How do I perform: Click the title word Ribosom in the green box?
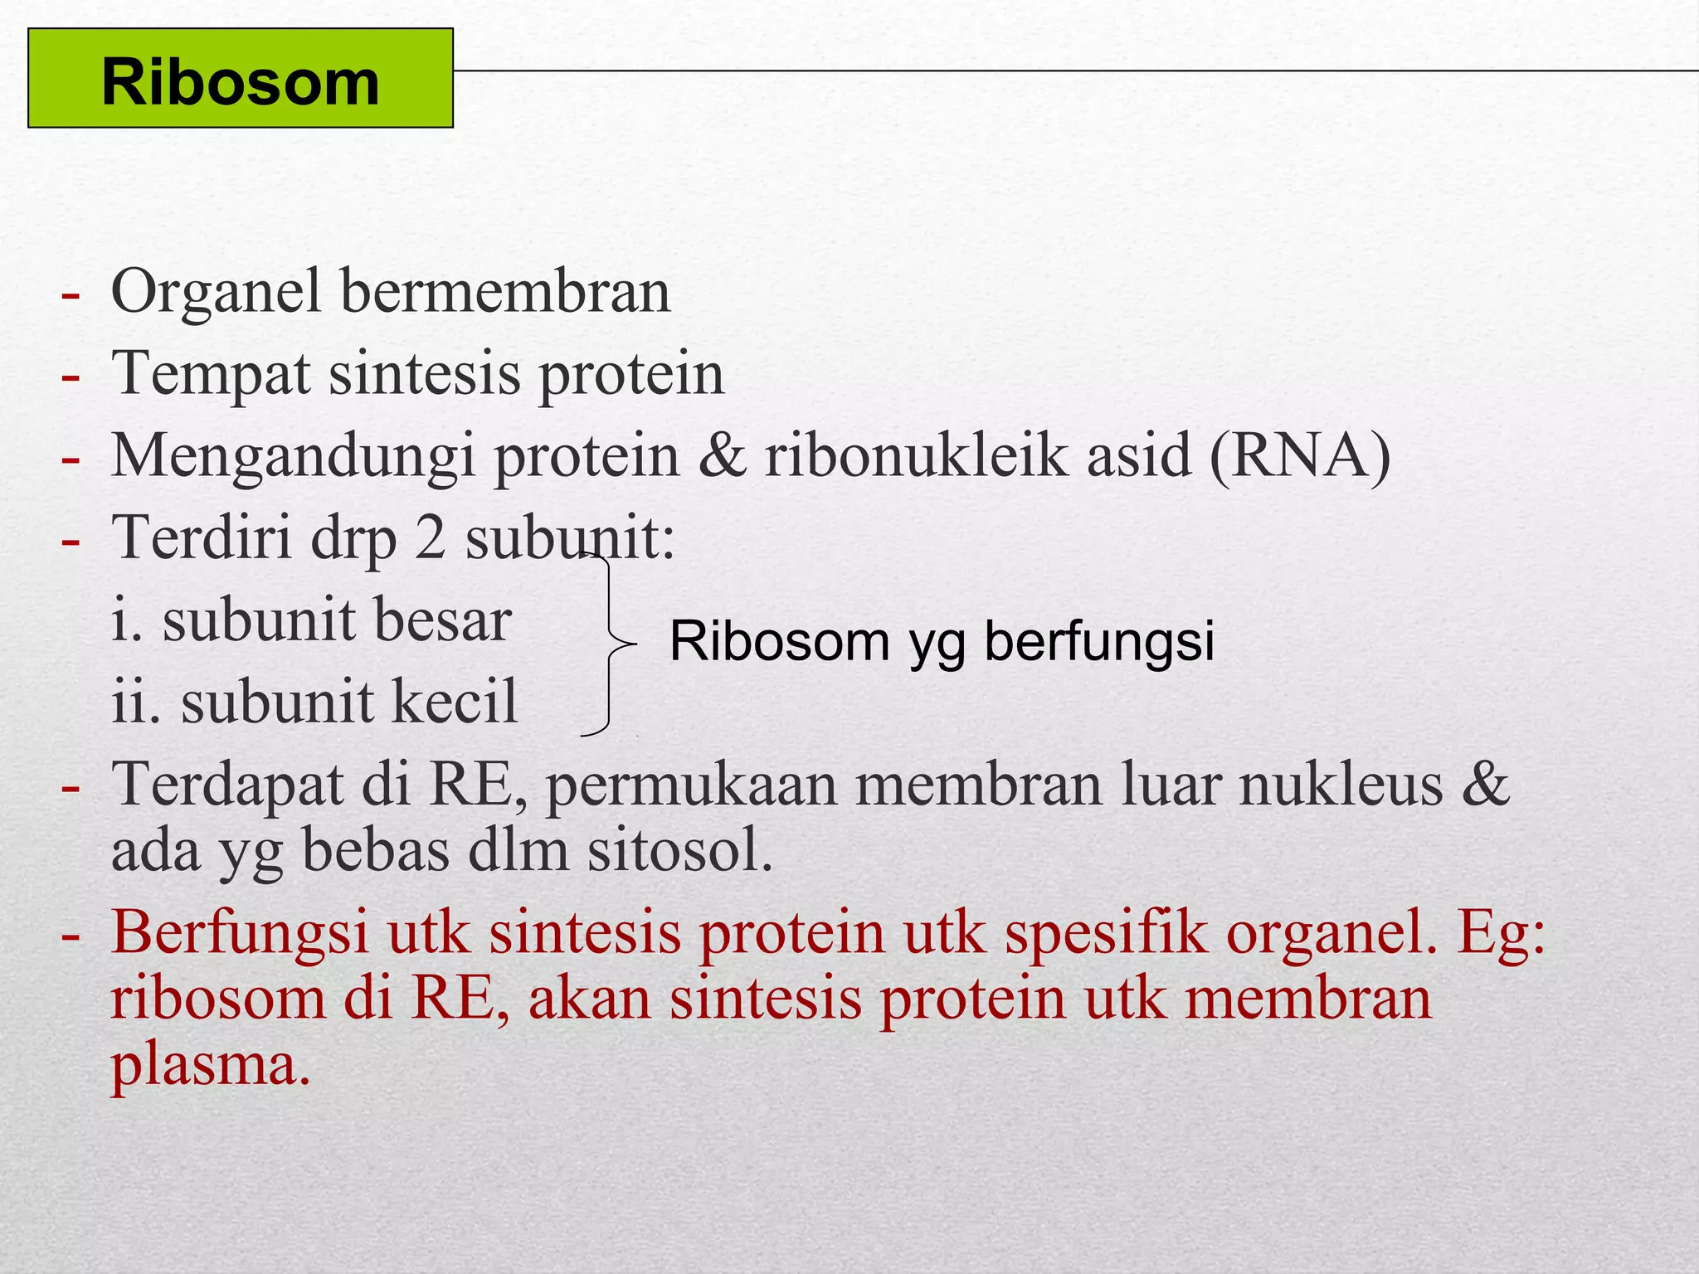[x=240, y=83]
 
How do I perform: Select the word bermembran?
[x=505, y=292]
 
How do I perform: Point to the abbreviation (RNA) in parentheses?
[x=1299, y=456]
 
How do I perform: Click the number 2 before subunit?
[x=430, y=537]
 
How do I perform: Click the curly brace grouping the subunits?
[x=610, y=644]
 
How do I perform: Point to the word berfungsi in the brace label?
[x=1098, y=641]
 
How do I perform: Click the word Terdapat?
[x=226, y=785]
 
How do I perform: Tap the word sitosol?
[x=680, y=851]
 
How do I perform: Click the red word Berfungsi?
[x=240, y=933]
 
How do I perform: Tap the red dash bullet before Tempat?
[x=71, y=377]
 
